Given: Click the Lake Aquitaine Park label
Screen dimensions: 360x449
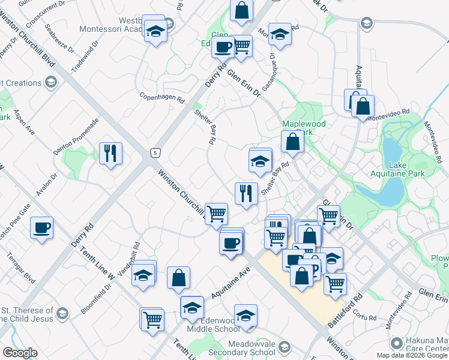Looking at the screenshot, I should [406, 169].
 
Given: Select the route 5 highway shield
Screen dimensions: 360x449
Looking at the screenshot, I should [155, 153].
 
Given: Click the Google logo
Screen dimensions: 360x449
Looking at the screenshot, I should [20, 353].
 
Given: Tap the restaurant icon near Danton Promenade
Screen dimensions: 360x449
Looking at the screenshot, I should [111, 154].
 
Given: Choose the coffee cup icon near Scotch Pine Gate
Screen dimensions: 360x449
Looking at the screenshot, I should [41, 228].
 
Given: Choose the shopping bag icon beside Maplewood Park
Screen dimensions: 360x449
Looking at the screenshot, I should [292, 142].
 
